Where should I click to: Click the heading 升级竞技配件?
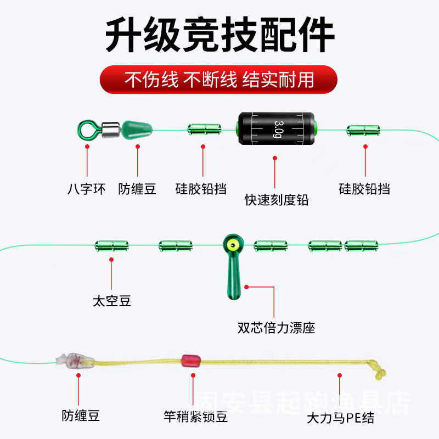[x=219, y=34]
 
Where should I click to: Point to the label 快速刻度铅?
[x=277, y=200]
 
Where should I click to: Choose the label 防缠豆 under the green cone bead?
[x=137, y=189]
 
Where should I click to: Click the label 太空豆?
[x=111, y=301]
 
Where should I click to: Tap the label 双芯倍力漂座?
[x=276, y=328]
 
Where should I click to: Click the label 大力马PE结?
[x=340, y=418]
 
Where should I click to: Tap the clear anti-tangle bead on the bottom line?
[x=70, y=361]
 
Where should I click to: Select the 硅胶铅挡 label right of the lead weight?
[x=364, y=189]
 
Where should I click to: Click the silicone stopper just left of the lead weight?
[x=204, y=130]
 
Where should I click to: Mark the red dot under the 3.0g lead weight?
[x=275, y=159]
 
